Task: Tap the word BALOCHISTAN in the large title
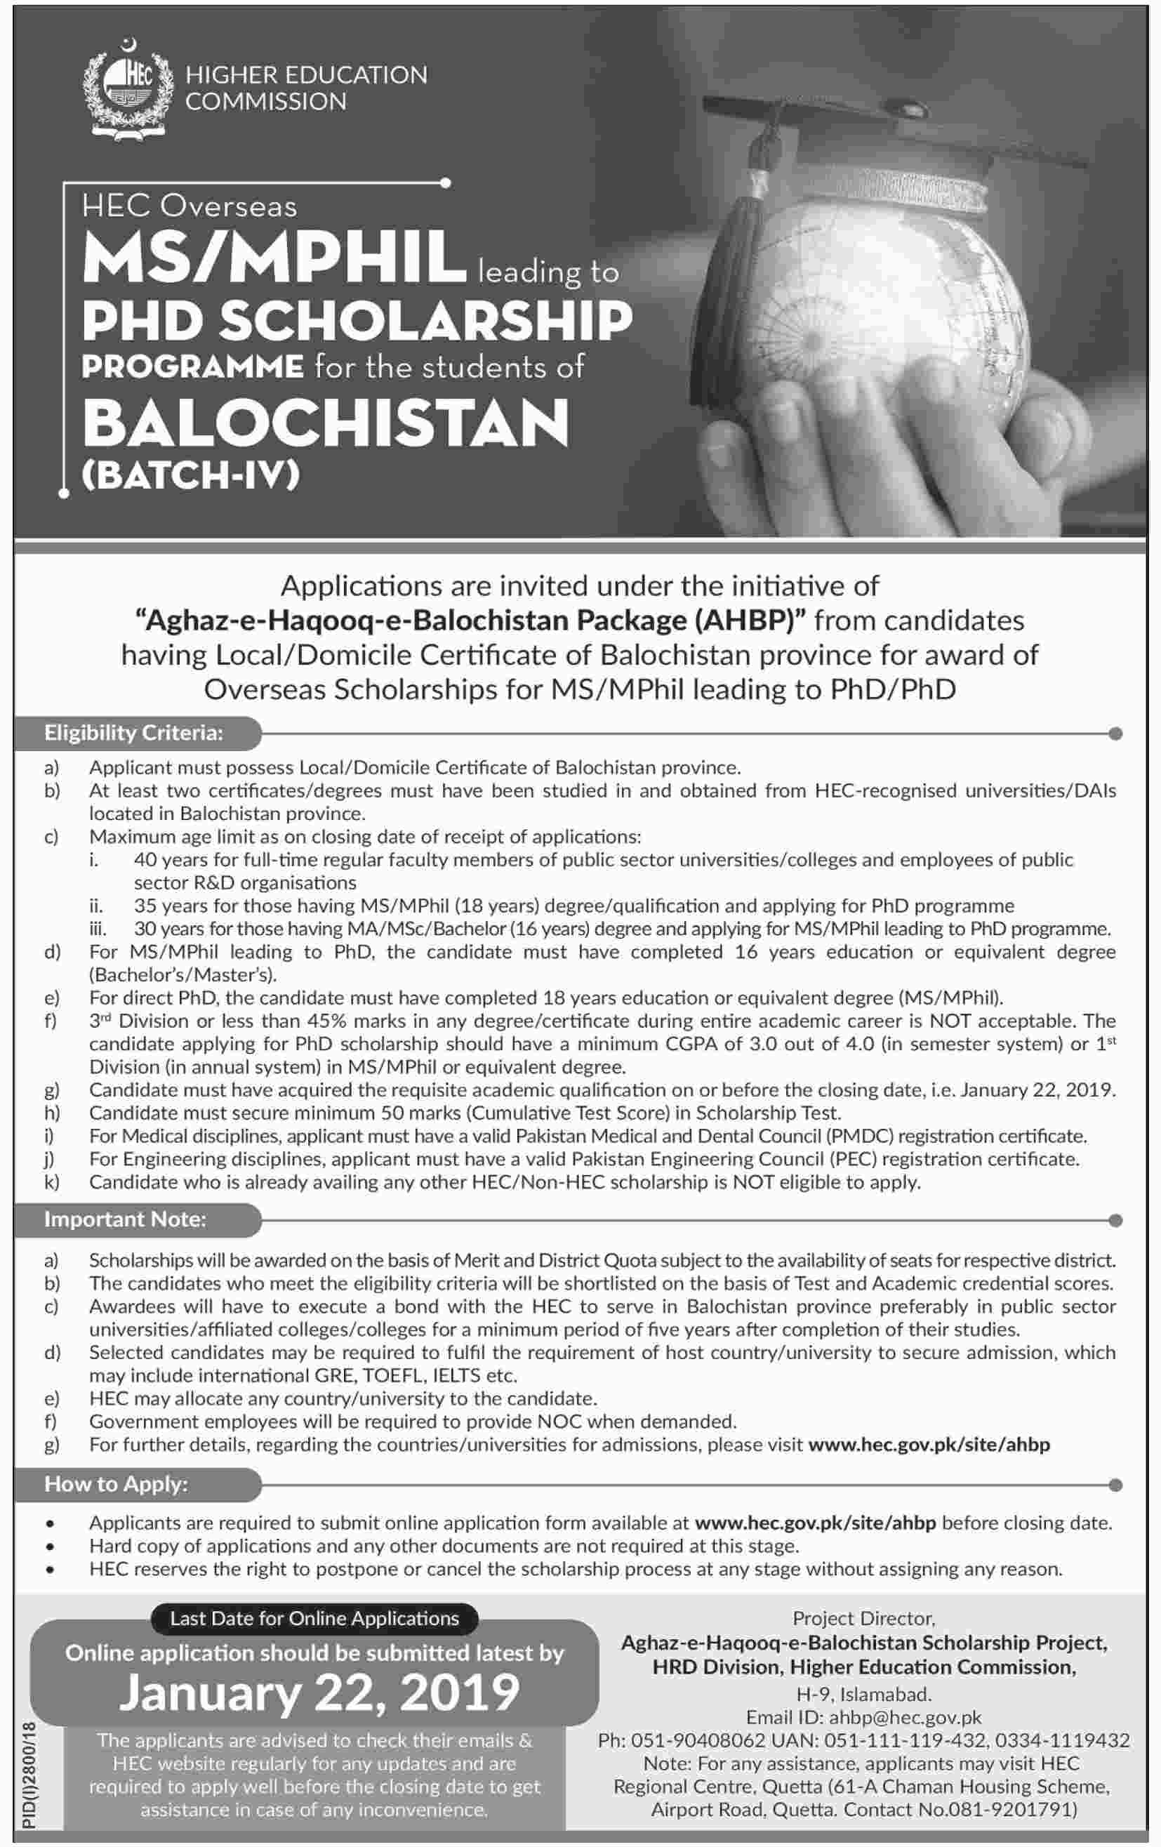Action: (326, 424)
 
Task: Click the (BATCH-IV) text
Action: (190, 477)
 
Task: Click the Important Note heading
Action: (125, 1219)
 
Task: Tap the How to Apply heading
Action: (116, 1484)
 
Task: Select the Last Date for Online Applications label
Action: (314, 1618)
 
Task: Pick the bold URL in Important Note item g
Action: (929, 1445)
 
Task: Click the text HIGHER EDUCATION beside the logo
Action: (306, 75)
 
